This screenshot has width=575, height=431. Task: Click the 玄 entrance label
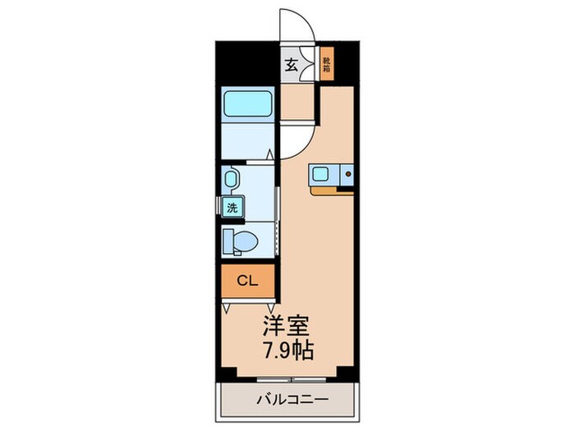[291, 66]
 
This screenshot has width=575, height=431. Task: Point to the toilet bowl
[241, 241]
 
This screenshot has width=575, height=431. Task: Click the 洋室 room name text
[285, 323]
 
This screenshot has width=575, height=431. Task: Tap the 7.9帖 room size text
[287, 348]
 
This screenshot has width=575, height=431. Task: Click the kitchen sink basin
[321, 173]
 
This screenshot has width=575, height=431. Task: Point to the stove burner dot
[347, 174]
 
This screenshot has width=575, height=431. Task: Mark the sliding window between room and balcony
[287, 379]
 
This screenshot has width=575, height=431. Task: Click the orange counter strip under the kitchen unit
[333, 190]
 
